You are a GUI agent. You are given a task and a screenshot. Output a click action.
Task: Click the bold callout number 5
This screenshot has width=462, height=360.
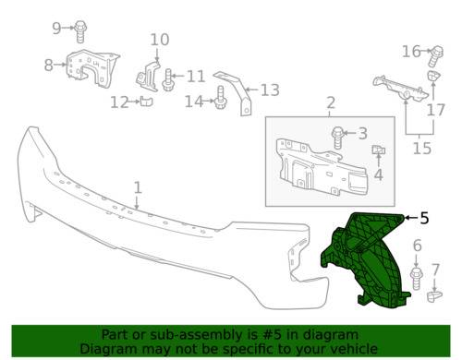(x=424, y=218)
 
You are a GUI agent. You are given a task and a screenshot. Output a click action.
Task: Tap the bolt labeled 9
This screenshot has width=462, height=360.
(x=80, y=31)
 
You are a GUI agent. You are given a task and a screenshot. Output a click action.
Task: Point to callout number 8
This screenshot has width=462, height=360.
(x=49, y=65)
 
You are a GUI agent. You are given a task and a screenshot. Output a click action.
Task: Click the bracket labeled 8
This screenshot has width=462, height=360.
(x=92, y=69)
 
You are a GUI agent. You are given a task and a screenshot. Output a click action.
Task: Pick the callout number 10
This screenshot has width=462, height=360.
(x=160, y=40)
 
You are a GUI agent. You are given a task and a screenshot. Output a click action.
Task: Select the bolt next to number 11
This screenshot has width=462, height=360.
(x=168, y=79)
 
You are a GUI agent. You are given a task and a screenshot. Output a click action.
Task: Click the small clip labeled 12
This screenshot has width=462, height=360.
(x=147, y=102)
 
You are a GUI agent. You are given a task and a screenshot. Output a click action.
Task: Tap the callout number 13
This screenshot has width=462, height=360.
(x=270, y=90)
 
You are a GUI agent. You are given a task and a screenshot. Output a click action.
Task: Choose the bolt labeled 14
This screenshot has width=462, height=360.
(x=221, y=98)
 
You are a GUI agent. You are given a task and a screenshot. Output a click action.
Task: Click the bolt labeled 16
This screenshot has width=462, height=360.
(x=436, y=56)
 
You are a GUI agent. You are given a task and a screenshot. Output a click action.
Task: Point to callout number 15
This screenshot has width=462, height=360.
(x=422, y=149)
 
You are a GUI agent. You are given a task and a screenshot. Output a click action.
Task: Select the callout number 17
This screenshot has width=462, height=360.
(x=436, y=110)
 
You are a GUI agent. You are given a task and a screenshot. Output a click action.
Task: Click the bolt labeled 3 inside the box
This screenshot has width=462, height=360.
(x=338, y=138)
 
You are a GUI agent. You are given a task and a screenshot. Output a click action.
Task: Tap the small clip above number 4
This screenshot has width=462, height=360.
(x=379, y=150)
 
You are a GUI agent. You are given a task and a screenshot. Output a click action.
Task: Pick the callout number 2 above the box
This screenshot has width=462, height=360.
(x=331, y=102)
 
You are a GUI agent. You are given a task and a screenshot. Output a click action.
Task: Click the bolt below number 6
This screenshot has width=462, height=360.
(x=416, y=279)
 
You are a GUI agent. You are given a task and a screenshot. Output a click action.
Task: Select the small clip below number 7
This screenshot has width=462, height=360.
(x=434, y=296)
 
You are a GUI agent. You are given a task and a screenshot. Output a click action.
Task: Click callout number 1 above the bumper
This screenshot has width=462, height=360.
(x=138, y=187)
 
